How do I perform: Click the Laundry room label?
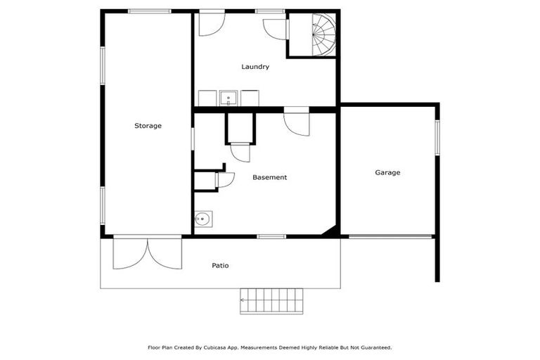pos(255,67)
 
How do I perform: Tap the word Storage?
pos(148,126)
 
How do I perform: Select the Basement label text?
pos(269,177)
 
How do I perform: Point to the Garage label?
pos(387,172)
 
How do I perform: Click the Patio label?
pos(220,266)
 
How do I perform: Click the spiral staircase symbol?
pos(323,34)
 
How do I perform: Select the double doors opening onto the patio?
pos(148,253)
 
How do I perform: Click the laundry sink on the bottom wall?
pos(229,98)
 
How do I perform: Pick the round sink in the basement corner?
pos(202,219)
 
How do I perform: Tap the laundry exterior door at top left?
pos(211,22)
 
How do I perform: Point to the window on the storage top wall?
pos(149,11)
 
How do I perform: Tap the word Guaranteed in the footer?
pos(373,347)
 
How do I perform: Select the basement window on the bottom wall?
pos(271,236)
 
